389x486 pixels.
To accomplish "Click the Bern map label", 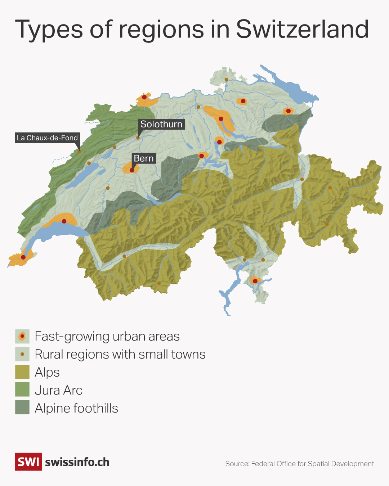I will [x=144, y=158].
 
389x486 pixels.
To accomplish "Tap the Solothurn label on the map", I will [x=161, y=124].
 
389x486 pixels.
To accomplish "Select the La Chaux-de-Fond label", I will [x=47, y=138].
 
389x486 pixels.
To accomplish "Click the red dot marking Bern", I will [x=132, y=170].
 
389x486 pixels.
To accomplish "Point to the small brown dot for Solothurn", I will [x=138, y=138].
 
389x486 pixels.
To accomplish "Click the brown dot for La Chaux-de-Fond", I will [x=79, y=152].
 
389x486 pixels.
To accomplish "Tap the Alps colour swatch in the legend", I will [x=22, y=372].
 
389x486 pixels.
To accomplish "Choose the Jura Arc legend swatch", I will [x=22, y=390].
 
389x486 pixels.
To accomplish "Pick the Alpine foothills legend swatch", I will [x=22, y=408].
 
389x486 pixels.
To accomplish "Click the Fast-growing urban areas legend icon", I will [x=22, y=336].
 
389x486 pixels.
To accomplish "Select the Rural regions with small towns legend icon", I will [x=22, y=354].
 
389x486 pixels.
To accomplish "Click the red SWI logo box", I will [x=28, y=462].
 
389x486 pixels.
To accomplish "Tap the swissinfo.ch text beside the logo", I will [x=77, y=462].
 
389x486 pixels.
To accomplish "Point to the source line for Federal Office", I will [x=300, y=464].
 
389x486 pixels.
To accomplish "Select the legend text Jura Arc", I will [x=58, y=390].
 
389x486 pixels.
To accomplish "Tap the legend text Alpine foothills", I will [x=76, y=408].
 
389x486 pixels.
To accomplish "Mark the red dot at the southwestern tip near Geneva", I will [x=23, y=257].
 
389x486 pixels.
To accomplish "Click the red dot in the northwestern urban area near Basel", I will [x=144, y=97].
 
